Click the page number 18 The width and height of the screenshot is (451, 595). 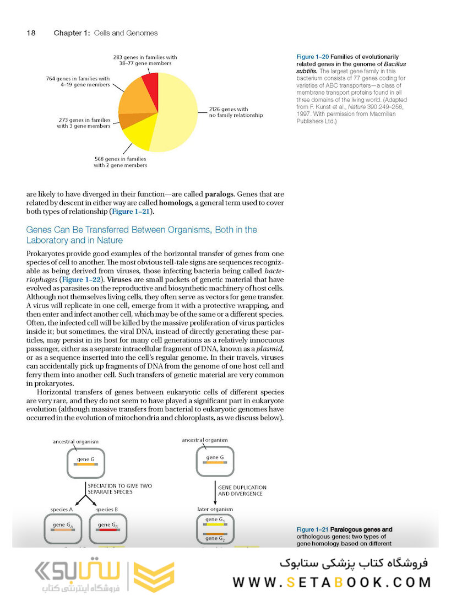click(31, 33)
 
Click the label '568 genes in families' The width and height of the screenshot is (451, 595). click(120, 161)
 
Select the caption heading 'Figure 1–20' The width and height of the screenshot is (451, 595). click(313, 57)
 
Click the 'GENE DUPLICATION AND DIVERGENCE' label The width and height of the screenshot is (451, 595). click(242, 490)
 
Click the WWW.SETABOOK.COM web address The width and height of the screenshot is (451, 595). click(332, 582)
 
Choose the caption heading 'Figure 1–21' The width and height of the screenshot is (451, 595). click(313, 529)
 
